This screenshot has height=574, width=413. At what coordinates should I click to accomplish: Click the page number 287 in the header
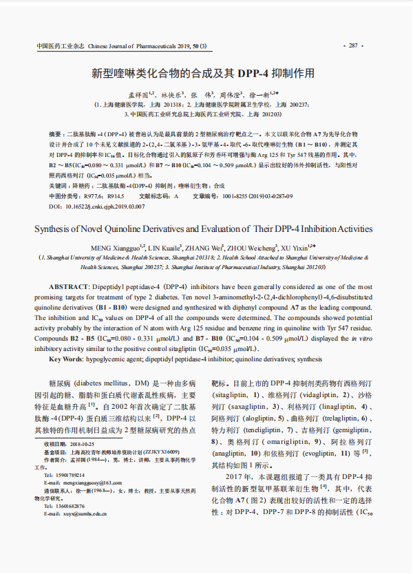pos(354,46)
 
